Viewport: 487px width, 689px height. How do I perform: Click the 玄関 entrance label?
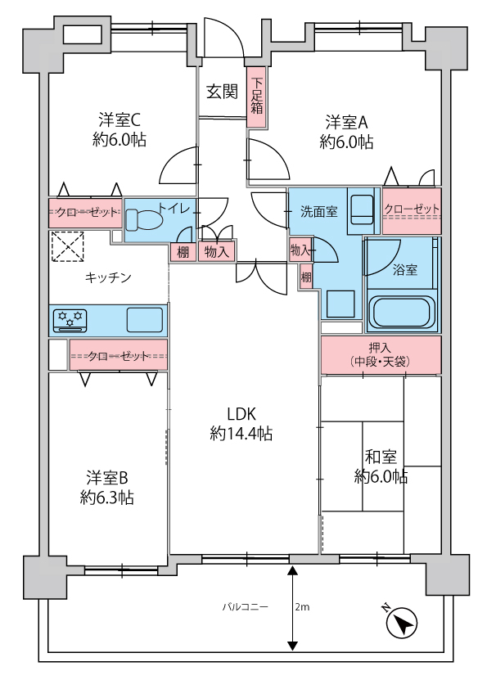[x=222, y=92]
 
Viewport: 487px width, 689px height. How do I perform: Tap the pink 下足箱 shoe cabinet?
[x=257, y=97]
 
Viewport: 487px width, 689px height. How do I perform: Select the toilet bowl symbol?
[x=143, y=219]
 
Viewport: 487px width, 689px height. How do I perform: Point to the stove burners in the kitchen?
[x=70, y=320]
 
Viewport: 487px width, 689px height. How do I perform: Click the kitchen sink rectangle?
[x=145, y=320]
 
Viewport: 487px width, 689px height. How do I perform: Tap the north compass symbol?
[x=401, y=621]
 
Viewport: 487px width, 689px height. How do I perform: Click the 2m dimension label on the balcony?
[x=302, y=607]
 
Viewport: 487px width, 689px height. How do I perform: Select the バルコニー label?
[x=245, y=607]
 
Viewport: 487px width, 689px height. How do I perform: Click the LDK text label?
[x=241, y=413]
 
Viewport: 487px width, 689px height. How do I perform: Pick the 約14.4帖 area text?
[x=241, y=434]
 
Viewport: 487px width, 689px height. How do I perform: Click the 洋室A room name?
[x=346, y=122]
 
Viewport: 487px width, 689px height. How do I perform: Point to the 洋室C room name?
[x=119, y=119]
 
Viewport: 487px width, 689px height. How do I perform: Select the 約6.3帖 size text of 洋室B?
[x=106, y=498]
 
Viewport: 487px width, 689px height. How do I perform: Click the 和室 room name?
[x=381, y=457]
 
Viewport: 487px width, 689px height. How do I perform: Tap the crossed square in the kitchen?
[x=67, y=246]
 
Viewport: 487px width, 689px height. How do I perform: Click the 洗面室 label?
[x=318, y=212]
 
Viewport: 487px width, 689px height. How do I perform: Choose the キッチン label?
[x=108, y=277]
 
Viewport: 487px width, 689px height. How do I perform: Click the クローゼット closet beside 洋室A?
[x=412, y=210]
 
